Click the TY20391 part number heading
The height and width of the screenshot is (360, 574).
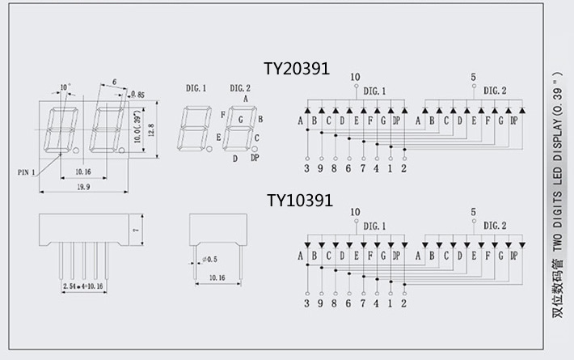[x=297, y=70]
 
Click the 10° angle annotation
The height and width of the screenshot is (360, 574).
[x=65, y=86]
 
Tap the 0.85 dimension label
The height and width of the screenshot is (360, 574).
[x=137, y=95]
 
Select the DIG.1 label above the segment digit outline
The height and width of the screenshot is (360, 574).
[x=196, y=87]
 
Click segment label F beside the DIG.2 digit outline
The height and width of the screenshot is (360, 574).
[x=222, y=115]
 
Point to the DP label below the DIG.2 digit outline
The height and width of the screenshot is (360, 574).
[x=255, y=158]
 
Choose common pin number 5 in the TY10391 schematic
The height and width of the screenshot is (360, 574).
[x=473, y=212]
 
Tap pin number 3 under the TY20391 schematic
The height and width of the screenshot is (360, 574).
[x=306, y=168]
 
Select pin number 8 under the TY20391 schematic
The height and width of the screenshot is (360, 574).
[x=334, y=168]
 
